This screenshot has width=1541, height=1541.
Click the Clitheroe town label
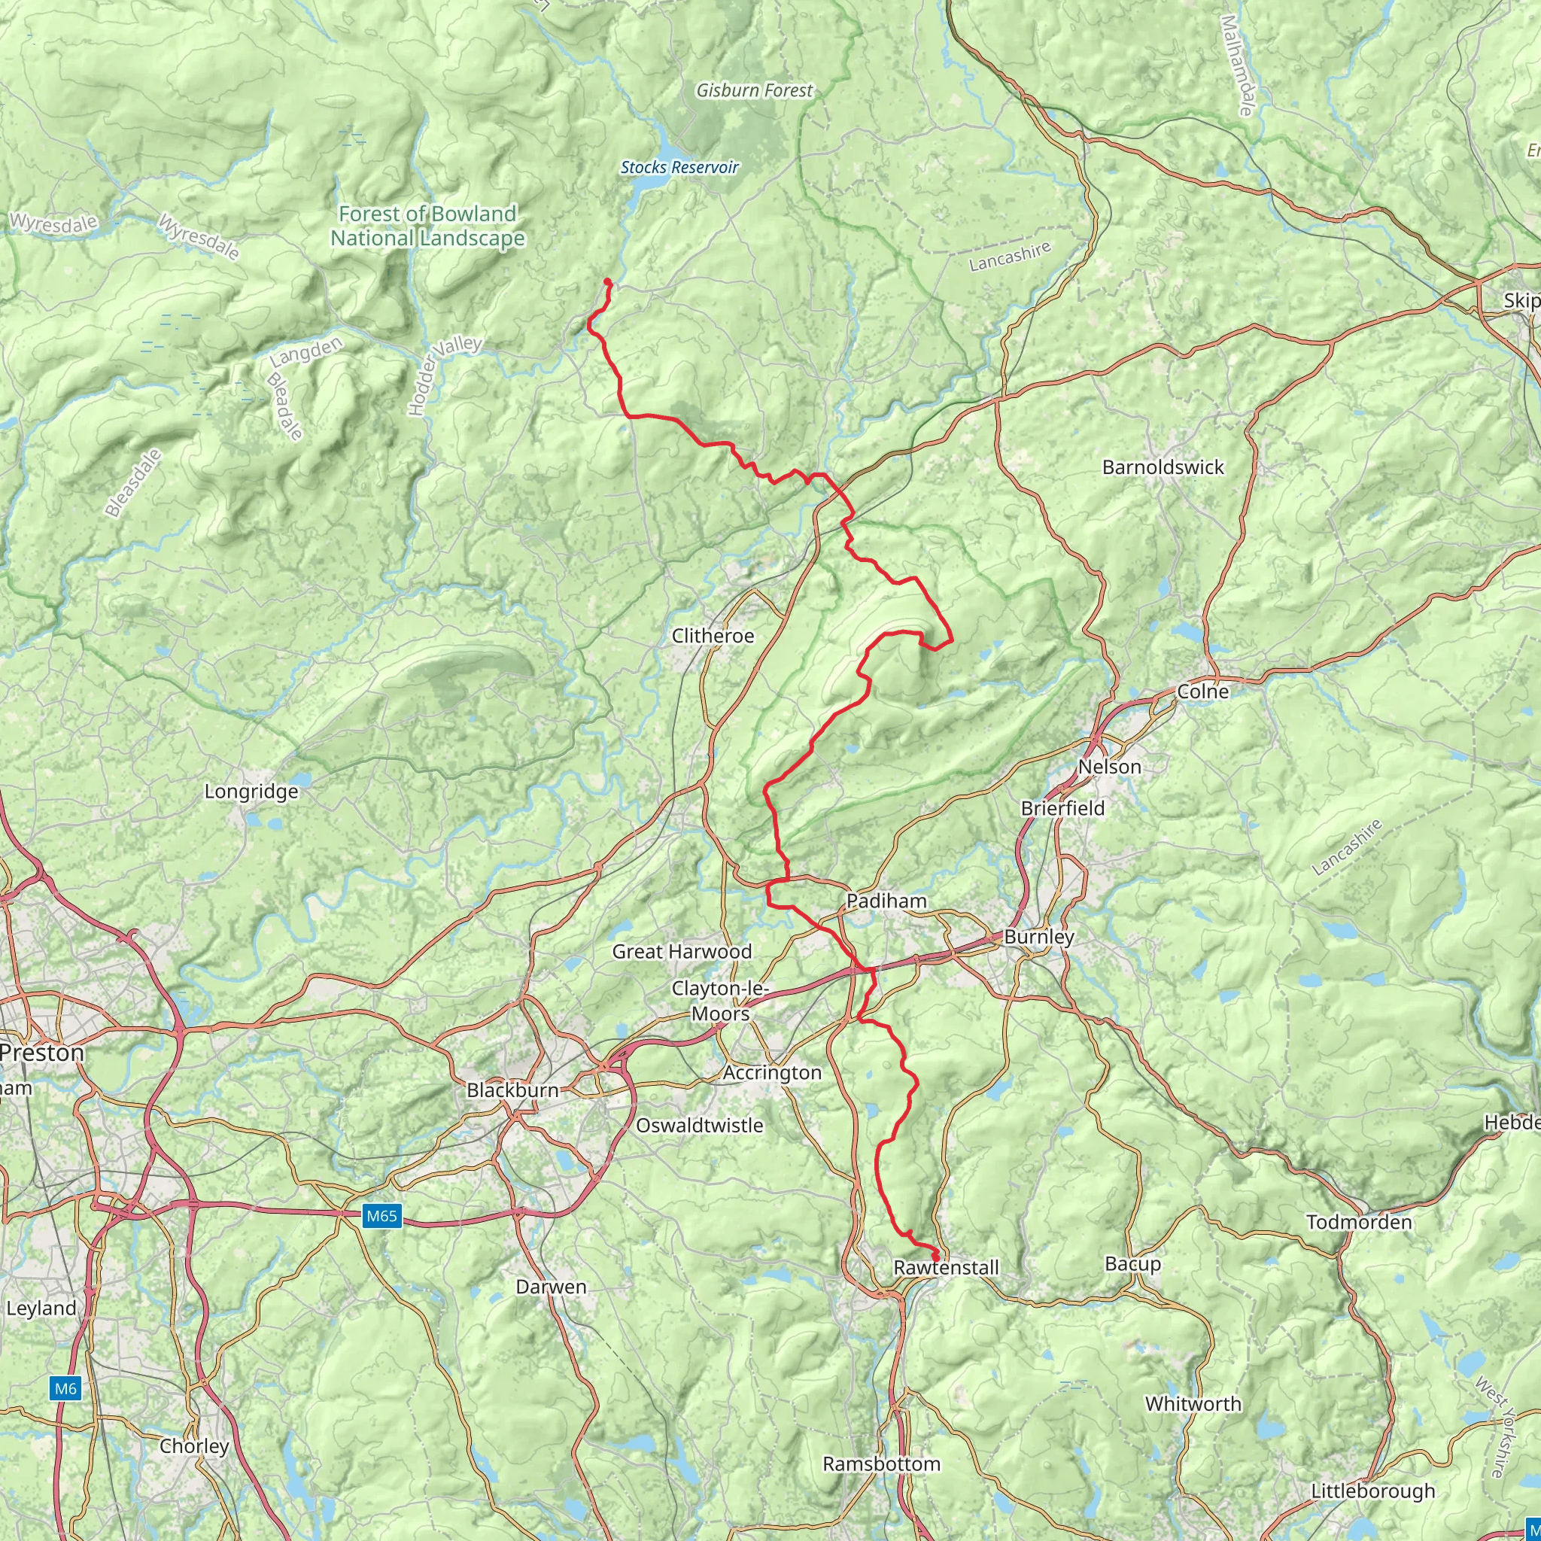[713, 636]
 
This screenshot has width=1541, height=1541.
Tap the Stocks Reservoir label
[679, 168]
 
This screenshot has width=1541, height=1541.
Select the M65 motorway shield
[381, 1217]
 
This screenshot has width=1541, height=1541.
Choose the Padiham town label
[886, 901]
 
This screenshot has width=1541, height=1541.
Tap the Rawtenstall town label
[946, 1267]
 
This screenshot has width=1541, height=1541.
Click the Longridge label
[251, 792]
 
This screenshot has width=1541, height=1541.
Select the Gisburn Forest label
[754, 91]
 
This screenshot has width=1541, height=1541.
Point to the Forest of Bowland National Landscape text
[427, 226]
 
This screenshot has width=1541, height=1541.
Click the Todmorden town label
[1359, 1222]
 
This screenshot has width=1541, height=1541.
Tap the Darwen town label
[551, 1287]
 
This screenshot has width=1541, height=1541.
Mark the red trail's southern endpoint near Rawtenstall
[935, 1258]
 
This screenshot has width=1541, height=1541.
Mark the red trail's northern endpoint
[607, 281]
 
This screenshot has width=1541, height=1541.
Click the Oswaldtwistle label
[700, 1126]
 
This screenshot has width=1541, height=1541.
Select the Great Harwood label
[682, 952]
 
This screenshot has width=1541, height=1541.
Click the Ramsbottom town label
[881, 1463]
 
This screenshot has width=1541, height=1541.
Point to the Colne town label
[1203, 691]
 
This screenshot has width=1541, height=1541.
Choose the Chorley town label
[194, 1446]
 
